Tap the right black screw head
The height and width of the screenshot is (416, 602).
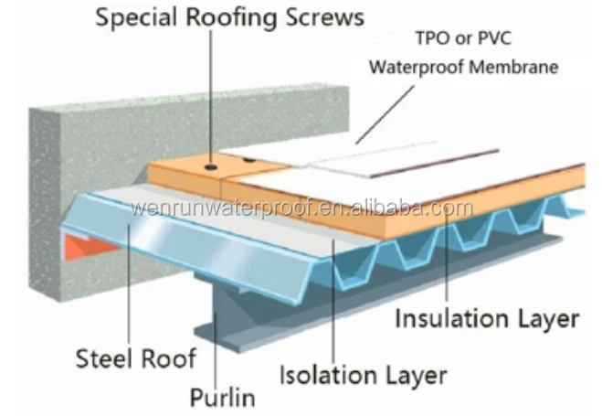(248, 162)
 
